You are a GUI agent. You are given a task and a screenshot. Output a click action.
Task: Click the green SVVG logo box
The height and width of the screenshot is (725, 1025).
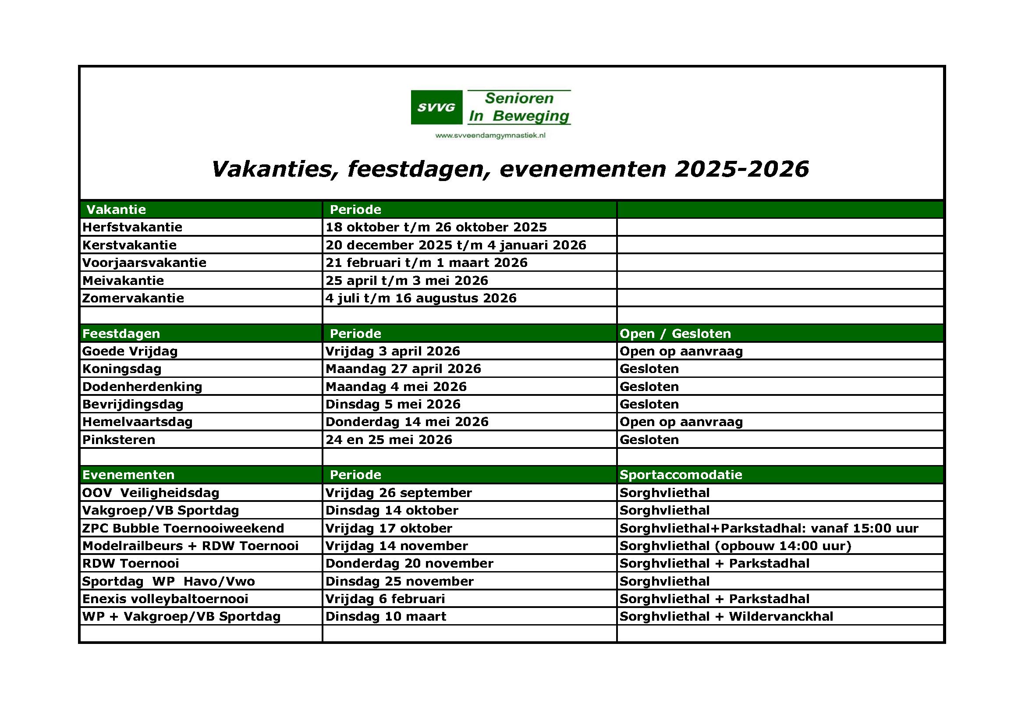tap(436, 107)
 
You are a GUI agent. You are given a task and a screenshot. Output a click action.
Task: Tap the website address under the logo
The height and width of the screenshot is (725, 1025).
tap(490, 135)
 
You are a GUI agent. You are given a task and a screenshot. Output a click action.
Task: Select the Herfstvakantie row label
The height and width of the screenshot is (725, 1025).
tap(132, 227)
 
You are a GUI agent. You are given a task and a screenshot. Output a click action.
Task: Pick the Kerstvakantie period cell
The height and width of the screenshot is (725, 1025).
tap(455, 245)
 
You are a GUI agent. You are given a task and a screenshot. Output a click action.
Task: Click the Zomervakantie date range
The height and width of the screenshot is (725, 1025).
tap(421, 298)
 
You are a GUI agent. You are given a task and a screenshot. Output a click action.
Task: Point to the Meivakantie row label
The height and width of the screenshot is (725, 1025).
tap(123, 281)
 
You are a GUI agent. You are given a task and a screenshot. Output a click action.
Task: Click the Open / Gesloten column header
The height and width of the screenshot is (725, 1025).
tap(675, 334)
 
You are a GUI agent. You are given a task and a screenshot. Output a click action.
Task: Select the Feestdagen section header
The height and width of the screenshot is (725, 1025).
tap(121, 334)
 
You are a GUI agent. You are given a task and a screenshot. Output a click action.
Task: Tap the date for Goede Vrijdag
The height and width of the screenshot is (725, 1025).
tap(392, 352)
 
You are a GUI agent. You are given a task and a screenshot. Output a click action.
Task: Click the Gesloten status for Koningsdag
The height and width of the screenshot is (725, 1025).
tap(649, 369)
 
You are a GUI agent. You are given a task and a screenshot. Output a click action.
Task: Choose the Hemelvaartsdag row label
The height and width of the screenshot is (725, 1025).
tap(137, 422)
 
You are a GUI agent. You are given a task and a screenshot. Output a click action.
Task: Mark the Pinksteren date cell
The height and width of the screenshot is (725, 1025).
tap(388, 440)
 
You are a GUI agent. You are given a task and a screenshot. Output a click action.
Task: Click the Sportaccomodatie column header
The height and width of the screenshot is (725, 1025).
tap(681, 475)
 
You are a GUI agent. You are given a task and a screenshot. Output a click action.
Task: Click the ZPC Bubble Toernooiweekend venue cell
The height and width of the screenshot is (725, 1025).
tap(769, 528)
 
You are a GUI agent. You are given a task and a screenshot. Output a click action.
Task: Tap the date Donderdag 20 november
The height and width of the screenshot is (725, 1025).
tap(409, 563)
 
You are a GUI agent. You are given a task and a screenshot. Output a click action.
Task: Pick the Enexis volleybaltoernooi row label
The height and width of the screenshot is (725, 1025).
tap(165, 599)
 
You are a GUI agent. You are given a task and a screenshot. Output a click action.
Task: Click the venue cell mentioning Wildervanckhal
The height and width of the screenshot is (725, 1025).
tap(726, 617)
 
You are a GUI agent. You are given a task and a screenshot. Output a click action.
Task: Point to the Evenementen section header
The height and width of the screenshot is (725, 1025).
tap(128, 475)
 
